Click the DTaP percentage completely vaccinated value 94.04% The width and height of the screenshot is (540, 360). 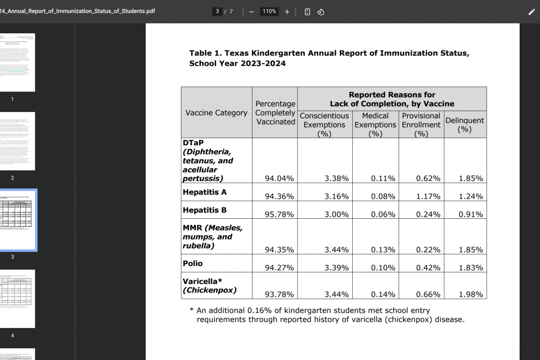point(279,179)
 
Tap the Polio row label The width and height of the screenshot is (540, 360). point(193,263)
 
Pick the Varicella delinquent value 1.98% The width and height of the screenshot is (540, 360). point(471,295)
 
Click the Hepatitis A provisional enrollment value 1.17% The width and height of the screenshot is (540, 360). point(428,197)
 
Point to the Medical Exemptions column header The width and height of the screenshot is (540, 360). point(375,125)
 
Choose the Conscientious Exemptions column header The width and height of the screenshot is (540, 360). point(324,125)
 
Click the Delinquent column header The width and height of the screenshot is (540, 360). point(465,125)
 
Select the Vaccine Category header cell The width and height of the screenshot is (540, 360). point(216,113)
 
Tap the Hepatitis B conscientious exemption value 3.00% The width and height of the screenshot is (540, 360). point(337,215)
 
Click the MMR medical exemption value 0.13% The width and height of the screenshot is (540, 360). point(383,250)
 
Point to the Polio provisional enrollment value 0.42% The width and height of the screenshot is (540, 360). point(428,268)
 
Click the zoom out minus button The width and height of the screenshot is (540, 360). point(252,12)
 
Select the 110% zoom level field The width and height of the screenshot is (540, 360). point(269,12)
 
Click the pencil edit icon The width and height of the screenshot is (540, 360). point(531,12)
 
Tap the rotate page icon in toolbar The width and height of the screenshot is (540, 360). point(321,12)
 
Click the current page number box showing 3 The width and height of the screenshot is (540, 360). point(218,12)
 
